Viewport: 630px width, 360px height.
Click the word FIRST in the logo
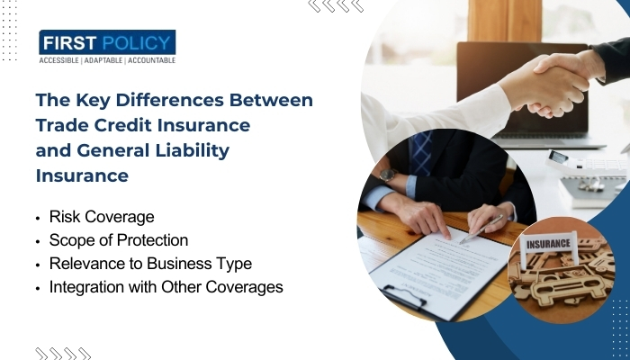click(x=69, y=42)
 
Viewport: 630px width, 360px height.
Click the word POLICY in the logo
click(x=136, y=42)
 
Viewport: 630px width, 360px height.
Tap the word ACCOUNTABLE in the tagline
click(x=151, y=60)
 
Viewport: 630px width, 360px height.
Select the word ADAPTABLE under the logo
click(x=103, y=60)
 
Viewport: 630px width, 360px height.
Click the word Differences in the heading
click(x=169, y=100)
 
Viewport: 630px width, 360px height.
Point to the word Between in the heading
click(x=271, y=100)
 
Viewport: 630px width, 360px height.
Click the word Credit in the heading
click(x=123, y=125)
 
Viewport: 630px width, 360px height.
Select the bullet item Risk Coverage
click(x=102, y=217)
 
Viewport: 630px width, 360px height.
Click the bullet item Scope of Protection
click(x=119, y=240)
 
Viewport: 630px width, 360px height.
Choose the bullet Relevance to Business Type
click(x=150, y=264)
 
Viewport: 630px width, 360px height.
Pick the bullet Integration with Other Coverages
click(x=166, y=287)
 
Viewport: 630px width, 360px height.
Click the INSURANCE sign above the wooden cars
click(x=548, y=244)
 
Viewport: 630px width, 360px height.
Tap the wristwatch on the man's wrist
click(x=388, y=175)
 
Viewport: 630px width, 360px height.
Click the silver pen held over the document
click(x=481, y=229)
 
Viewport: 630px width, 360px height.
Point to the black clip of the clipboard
click(x=403, y=295)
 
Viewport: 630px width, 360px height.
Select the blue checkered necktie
click(x=420, y=153)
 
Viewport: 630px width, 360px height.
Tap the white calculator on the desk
click(x=588, y=164)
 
